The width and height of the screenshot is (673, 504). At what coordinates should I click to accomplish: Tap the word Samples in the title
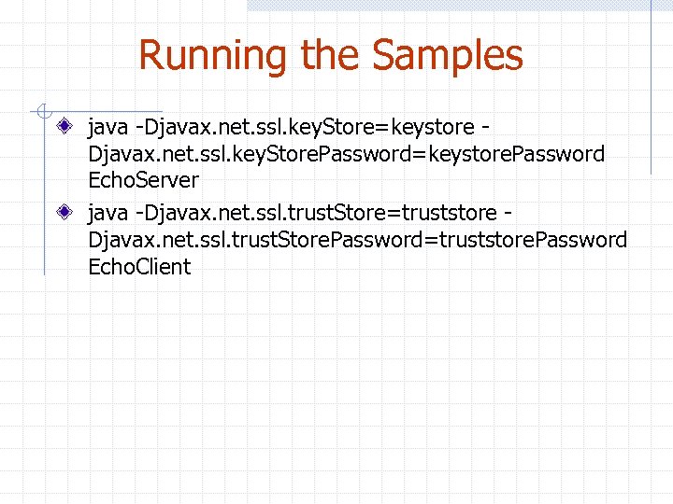pos(448,56)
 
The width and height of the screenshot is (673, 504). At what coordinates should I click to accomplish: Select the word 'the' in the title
pos(331,56)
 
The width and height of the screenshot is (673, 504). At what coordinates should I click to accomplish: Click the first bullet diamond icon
pos(63,124)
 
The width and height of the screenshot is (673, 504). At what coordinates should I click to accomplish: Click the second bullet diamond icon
pos(63,211)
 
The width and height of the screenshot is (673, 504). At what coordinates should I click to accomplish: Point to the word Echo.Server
pos(143,179)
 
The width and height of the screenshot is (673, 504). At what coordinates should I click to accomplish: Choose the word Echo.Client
pos(139,266)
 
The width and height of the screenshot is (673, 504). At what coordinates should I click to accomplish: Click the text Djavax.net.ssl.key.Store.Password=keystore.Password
pos(346,153)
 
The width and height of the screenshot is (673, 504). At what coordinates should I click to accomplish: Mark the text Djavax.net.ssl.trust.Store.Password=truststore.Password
pos(357,240)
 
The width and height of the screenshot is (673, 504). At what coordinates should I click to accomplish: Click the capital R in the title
pos(150,56)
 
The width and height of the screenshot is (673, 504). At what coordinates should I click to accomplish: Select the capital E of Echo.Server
pos(94,179)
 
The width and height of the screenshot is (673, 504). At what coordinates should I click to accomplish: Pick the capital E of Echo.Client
pos(94,266)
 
